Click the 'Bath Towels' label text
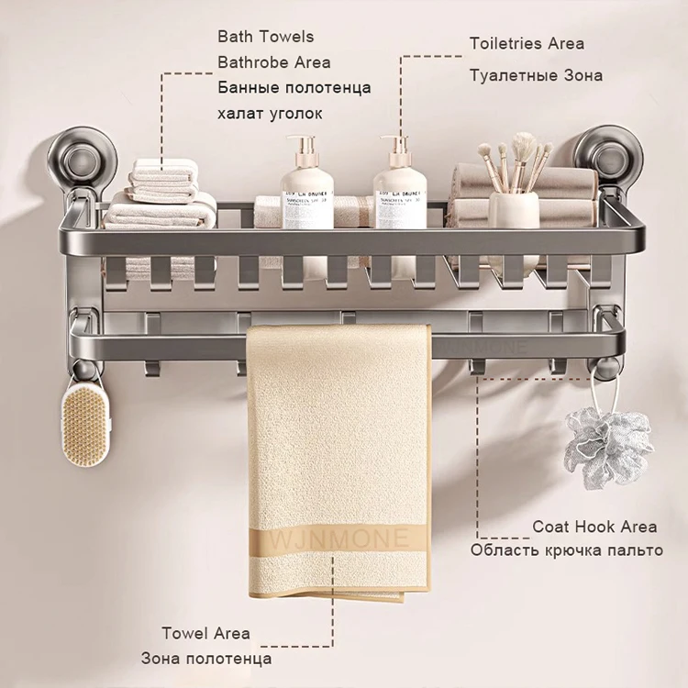point(265,37)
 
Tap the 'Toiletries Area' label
point(527,43)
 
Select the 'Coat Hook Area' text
point(594,526)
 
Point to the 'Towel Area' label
point(205,633)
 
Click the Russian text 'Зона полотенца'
point(205,659)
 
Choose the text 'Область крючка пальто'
point(566,550)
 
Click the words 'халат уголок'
point(270,113)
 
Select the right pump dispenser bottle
point(399,188)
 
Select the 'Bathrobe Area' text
point(273,62)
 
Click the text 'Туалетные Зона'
point(536,75)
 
